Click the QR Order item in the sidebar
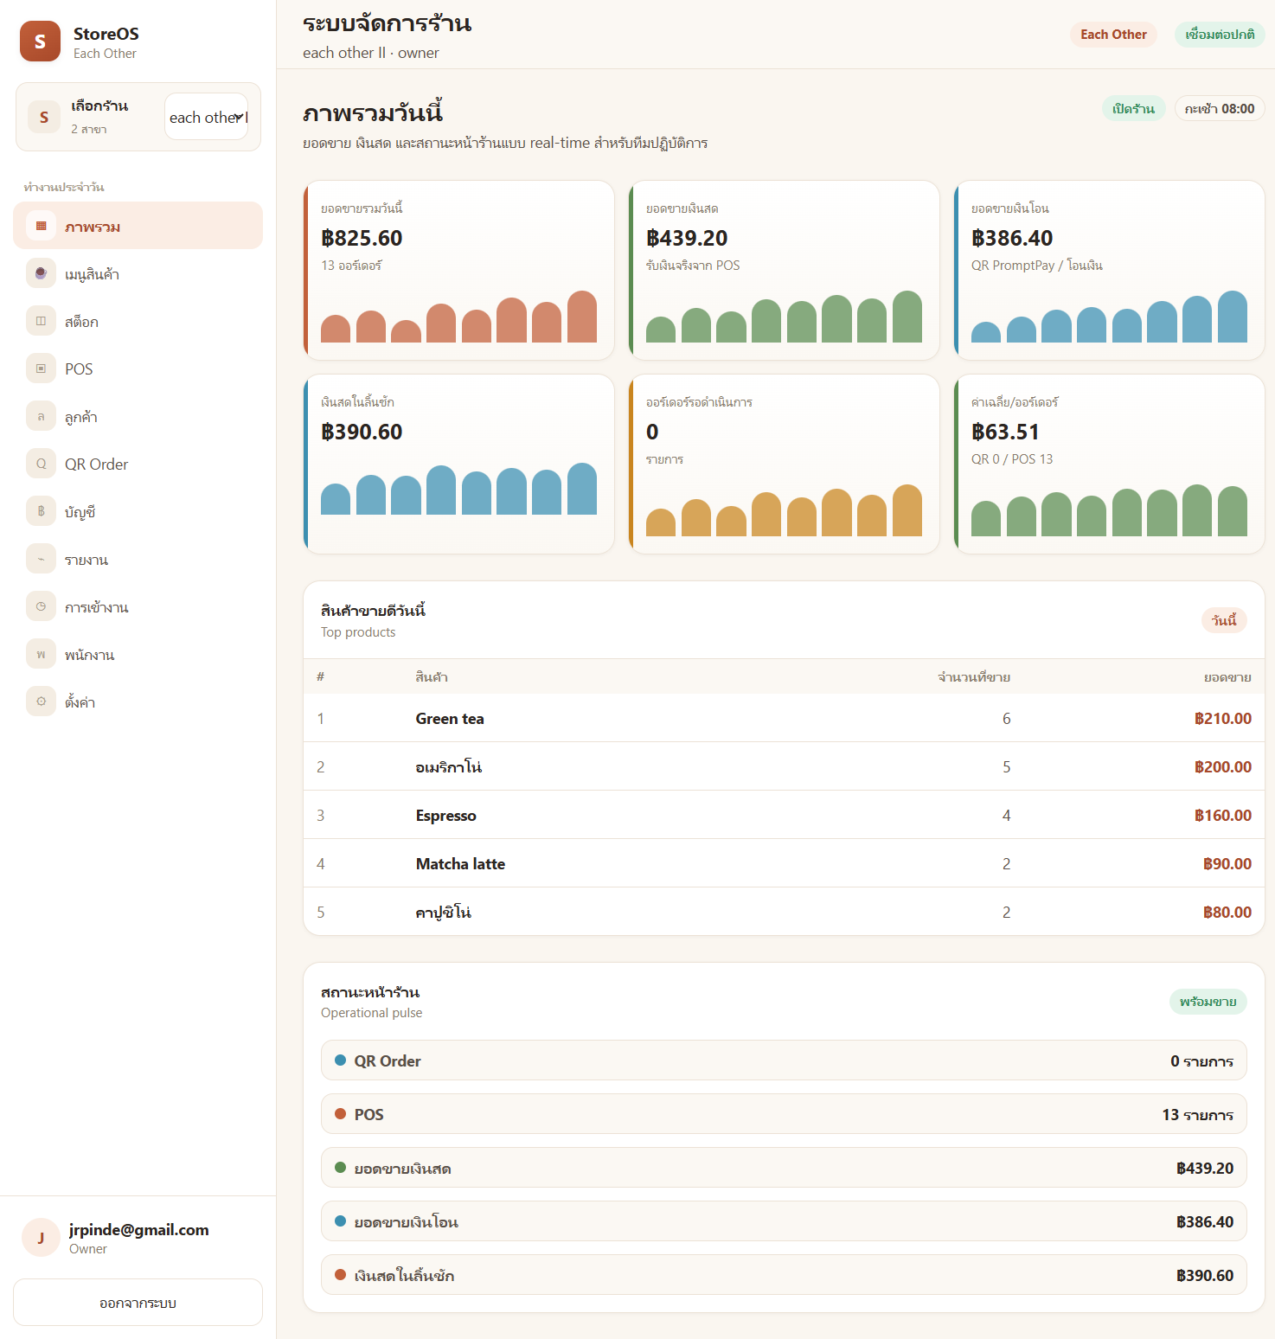(96, 464)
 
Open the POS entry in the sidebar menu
(79, 369)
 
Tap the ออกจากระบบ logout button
(138, 1303)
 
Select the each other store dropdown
(207, 117)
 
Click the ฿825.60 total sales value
(362, 238)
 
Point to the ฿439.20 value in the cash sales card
(687, 238)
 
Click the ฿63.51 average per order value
(1005, 432)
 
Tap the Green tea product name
(450, 719)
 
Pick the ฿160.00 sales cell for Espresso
(1223, 816)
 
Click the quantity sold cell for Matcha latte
(1006, 864)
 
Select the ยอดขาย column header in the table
(1227, 677)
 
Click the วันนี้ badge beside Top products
(1224, 620)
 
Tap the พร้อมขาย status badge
(1208, 1002)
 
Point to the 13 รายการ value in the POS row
(1197, 1115)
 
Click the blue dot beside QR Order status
(341, 1060)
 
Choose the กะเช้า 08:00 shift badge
(1220, 109)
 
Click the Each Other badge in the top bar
(1113, 35)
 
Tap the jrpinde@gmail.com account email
(139, 1230)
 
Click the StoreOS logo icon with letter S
(40, 42)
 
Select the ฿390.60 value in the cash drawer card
(362, 432)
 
